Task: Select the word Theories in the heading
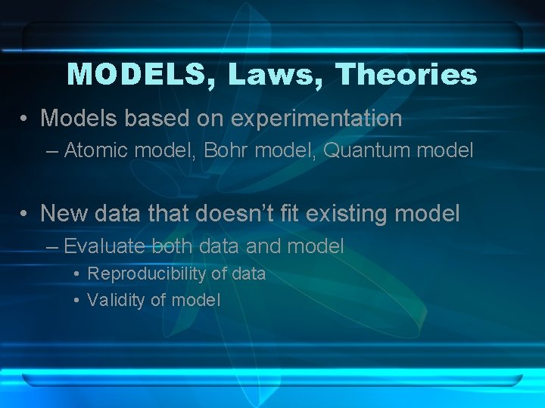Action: (x=406, y=75)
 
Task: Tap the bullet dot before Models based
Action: (x=26, y=119)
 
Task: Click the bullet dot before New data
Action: (x=26, y=215)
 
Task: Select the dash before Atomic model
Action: (x=51, y=151)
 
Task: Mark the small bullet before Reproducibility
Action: (x=77, y=274)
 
